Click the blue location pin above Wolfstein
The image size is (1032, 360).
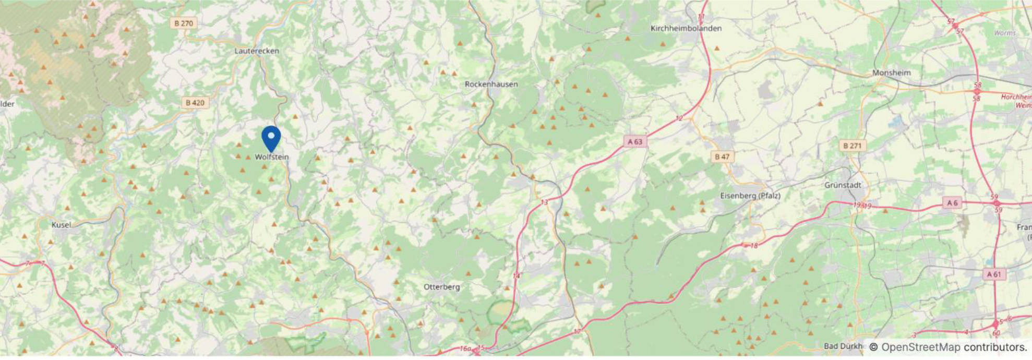(x=271, y=138)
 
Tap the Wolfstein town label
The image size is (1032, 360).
(x=271, y=157)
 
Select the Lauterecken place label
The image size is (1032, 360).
(x=257, y=51)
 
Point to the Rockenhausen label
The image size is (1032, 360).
(x=491, y=84)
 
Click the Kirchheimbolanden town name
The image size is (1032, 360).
(x=686, y=29)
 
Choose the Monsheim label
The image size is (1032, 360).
(x=891, y=73)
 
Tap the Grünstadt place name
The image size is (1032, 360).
(x=843, y=185)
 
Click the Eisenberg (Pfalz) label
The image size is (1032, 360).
(x=750, y=196)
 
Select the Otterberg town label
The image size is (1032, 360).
(x=441, y=287)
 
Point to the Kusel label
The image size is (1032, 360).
(x=61, y=225)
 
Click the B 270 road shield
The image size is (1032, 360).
(x=184, y=23)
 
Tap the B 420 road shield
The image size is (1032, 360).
(x=195, y=103)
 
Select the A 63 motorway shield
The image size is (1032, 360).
(x=635, y=141)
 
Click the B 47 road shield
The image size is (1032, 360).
(x=723, y=157)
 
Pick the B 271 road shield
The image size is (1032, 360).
(x=852, y=146)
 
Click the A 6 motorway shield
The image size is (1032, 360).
(x=952, y=203)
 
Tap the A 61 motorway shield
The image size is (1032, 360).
(x=993, y=274)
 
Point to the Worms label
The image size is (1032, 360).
(x=1005, y=33)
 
